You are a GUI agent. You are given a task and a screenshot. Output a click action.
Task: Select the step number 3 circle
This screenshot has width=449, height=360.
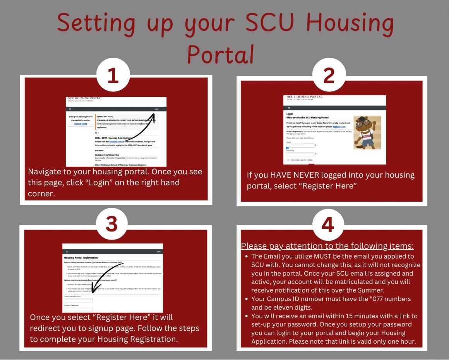[x=112, y=224]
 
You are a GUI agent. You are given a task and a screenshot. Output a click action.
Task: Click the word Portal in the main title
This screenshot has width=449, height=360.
[x=221, y=54]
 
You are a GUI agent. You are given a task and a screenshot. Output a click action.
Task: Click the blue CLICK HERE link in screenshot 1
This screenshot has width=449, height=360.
[x=81, y=124]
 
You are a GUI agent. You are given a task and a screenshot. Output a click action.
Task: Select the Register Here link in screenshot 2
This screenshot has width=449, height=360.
[x=339, y=127]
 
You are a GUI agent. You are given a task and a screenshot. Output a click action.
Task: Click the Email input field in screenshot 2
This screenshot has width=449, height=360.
[x=300, y=146]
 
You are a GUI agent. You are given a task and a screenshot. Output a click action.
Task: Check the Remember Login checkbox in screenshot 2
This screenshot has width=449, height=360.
[x=288, y=160]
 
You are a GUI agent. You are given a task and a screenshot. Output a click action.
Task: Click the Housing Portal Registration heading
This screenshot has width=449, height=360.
[x=81, y=257]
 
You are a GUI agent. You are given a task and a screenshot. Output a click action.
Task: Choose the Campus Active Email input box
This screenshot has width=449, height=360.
[x=78, y=300]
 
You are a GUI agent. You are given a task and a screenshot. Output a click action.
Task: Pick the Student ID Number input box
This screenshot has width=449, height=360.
[x=78, y=309]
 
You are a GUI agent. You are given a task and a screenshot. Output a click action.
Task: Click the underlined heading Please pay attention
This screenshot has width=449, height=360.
[x=327, y=246]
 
